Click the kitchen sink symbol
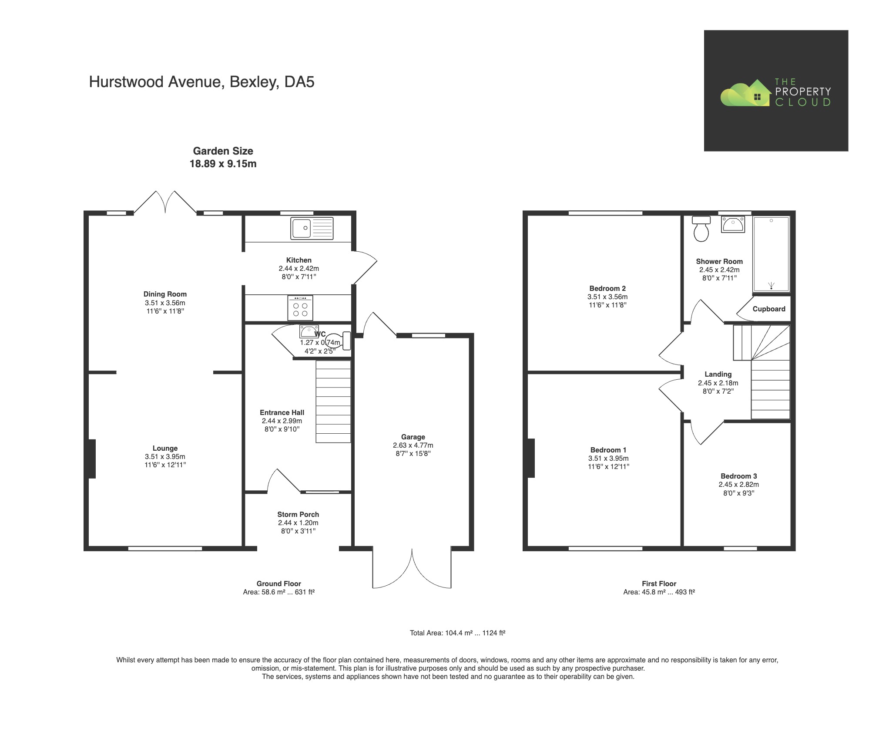(x=312, y=228)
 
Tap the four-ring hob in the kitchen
(x=300, y=308)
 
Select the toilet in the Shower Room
(x=701, y=229)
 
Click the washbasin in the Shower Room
(x=733, y=225)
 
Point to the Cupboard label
(x=768, y=309)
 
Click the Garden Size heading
(x=223, y=151)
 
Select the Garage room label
(x=413, y=437)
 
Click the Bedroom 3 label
(x=738, y=476)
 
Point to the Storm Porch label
(x=298, y=514)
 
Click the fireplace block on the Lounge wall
(x=92, y=459)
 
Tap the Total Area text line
(x=457, y=633)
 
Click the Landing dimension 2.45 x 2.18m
(x=718, y=383)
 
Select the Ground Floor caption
(x=278, y=584)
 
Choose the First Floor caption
(x=658, y=584)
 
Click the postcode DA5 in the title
(x=299, y=82)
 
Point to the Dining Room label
(x=165, y=294)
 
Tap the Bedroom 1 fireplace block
(x=531, y=458)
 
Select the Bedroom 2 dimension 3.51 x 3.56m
(x=607, y=297)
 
